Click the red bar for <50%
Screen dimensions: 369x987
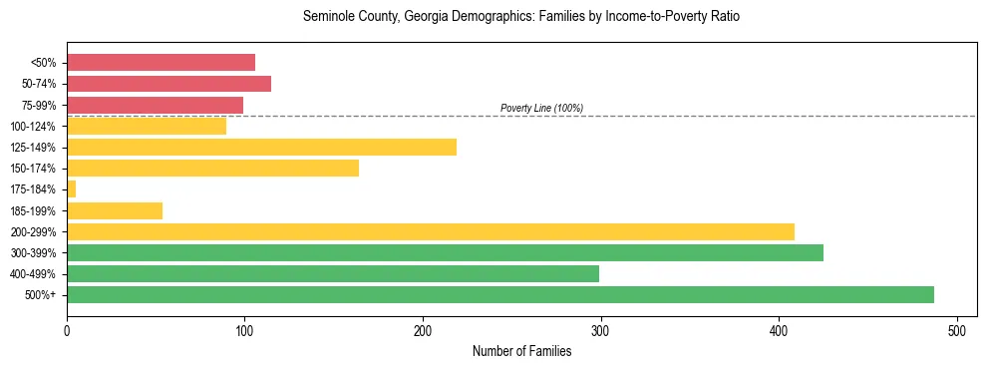[x=161, y=63]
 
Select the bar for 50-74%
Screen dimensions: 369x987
[x=168, y=84]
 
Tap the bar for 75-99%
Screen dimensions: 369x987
[x=155, y=105]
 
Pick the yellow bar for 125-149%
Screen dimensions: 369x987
[x=261, y=147]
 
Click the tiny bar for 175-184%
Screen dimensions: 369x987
[x=71, y=188]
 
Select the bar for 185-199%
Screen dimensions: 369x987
[x=115, y=210]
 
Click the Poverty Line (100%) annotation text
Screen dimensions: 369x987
[x=541, y=108]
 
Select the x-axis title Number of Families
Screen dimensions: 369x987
[x=521, y=351]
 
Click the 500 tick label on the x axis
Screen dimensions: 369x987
[x=957, y=329]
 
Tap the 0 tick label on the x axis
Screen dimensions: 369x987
[x=67, y=329]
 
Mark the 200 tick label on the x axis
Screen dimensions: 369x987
[x=423, y=329]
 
